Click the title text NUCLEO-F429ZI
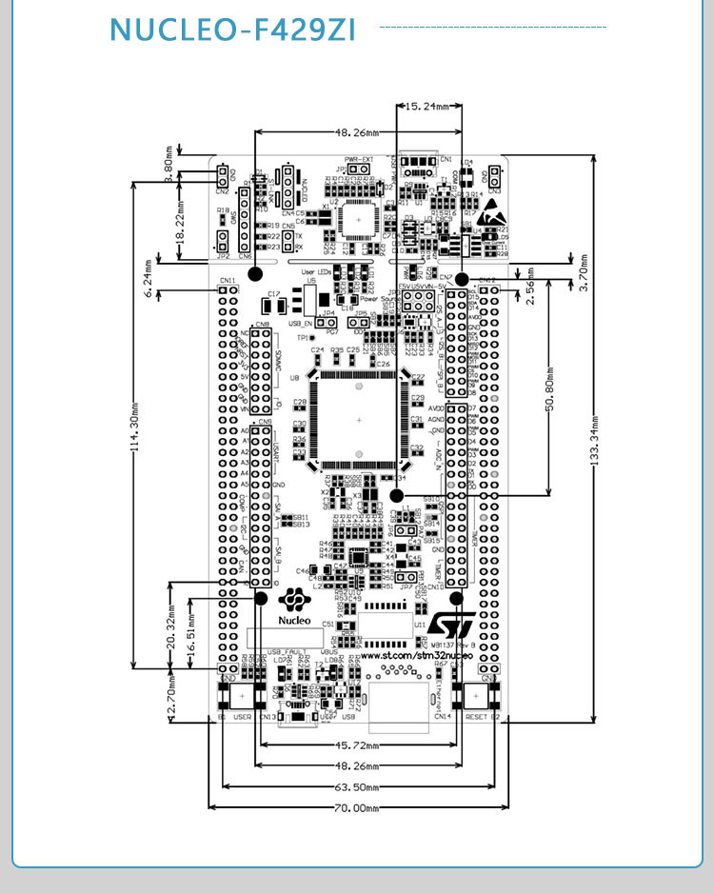coord(232,30)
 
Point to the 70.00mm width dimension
coord(357,808)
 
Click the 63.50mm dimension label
coord(357,788)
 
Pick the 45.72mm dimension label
coord(357,745)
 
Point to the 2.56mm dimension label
coord(530,286)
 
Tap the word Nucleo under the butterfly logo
coord(294,620)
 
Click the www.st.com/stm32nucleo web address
coord(415,657)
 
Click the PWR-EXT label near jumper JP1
coord(359,160)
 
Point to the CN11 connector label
coord(228,280)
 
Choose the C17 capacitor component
coord(272,294)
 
